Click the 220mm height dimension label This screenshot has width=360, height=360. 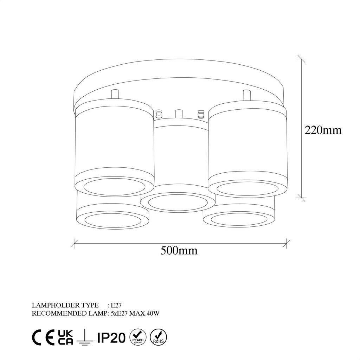tap(323, 130)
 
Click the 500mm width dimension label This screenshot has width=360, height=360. tap(179, 250)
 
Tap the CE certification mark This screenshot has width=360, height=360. tap(43, 337)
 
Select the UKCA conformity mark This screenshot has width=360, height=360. tap(65, 337)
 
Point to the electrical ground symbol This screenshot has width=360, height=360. tap(85, 337)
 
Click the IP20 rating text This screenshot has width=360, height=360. tap(111, 337)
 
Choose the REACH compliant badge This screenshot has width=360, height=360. tap(138, 337)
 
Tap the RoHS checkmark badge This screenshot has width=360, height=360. tap(159, 337)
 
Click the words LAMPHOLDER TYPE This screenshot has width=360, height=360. tap(65, 305)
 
